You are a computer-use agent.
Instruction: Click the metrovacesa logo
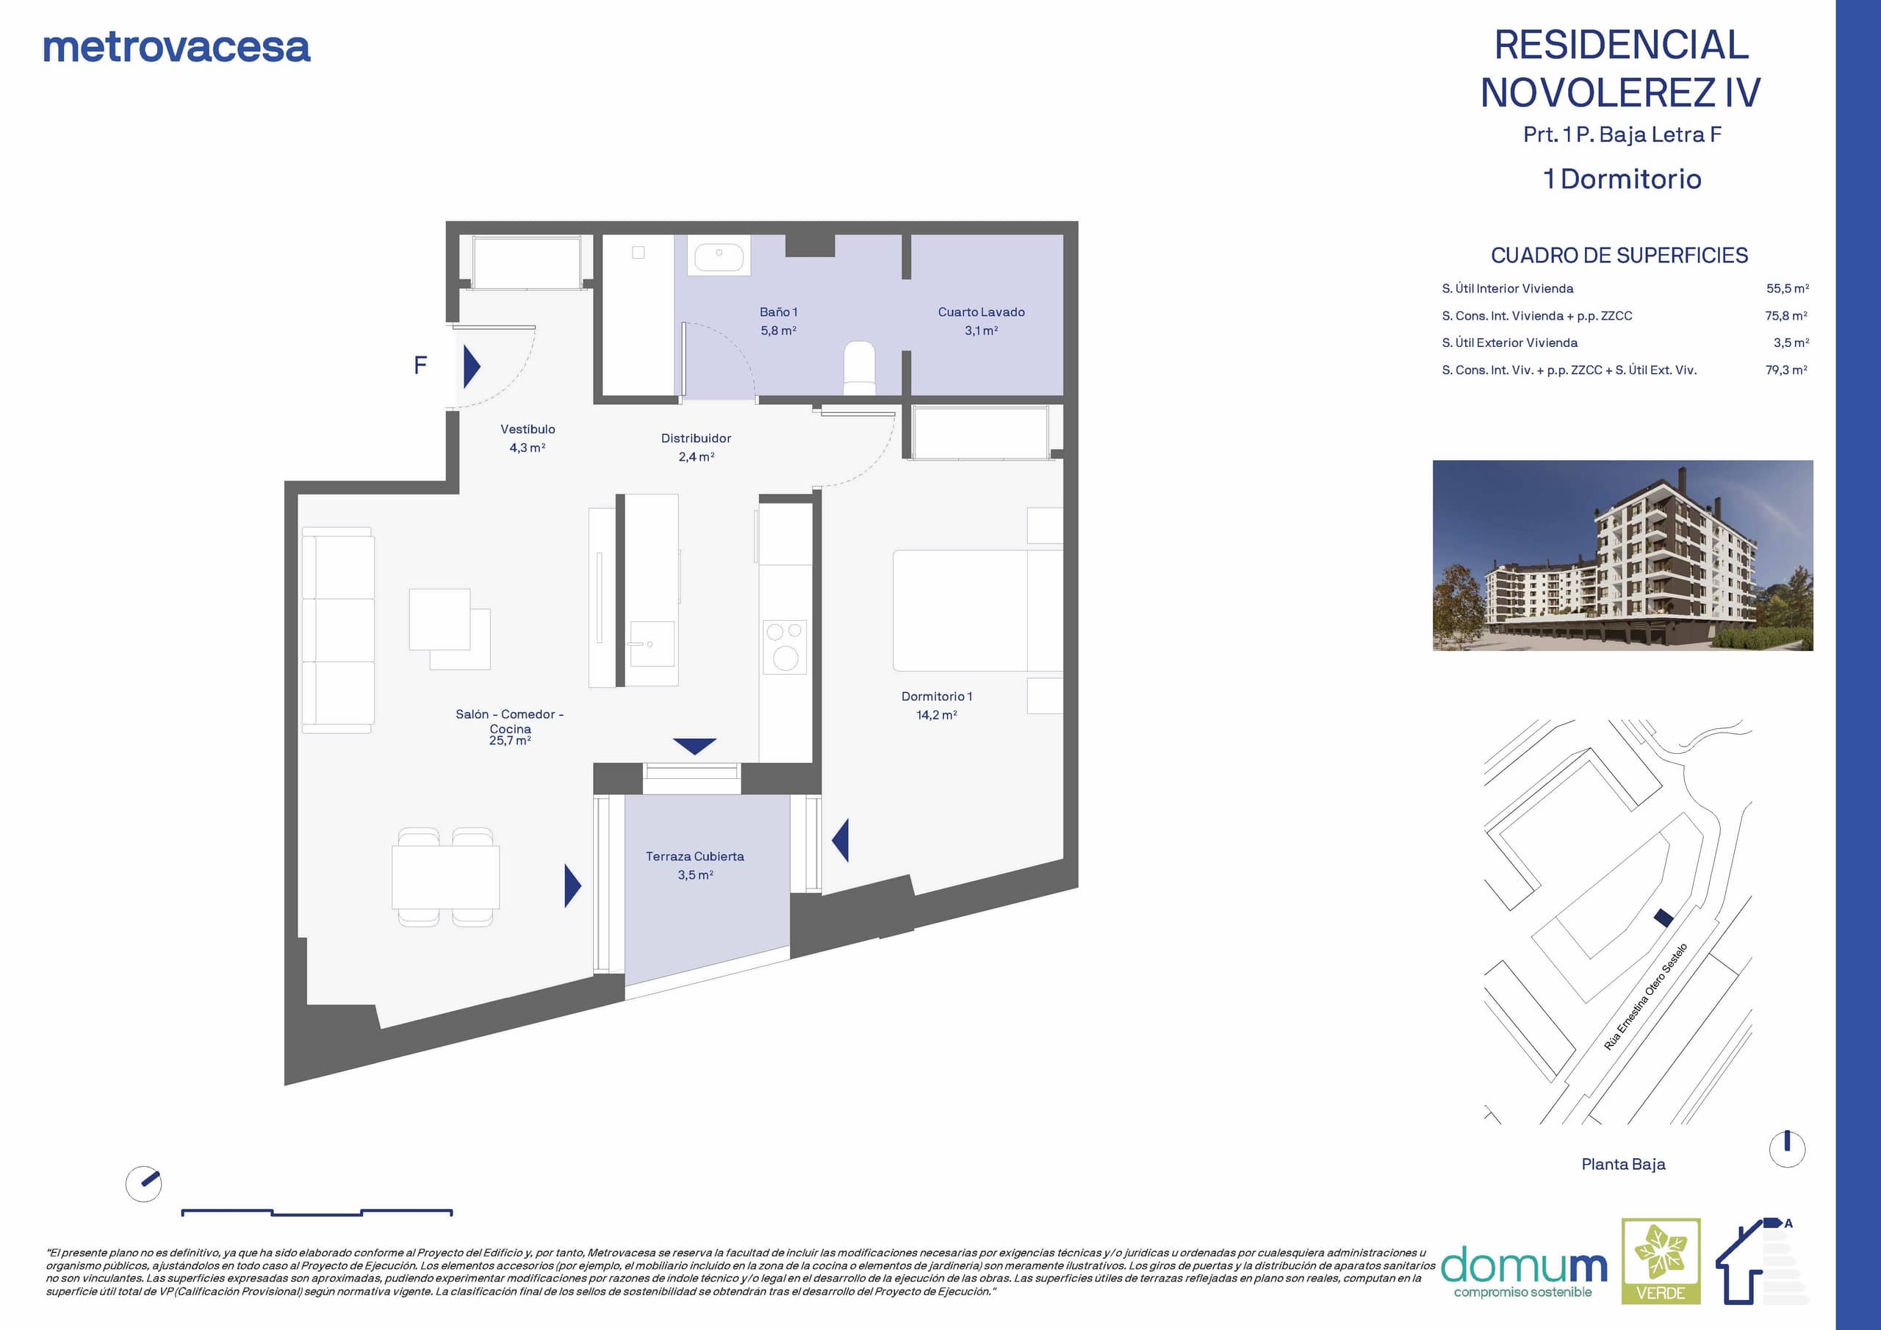(x=176, y=48)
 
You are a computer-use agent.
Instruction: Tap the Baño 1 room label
(x=778, y=320)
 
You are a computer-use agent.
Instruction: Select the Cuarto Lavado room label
(x=981, y=320)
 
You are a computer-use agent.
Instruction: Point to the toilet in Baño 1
(x=860, y=367)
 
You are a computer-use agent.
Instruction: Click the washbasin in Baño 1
(x=719, y=254)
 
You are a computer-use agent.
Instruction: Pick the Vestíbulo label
(x=528, y=438)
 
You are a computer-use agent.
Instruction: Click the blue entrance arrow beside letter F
(x=472, y=365)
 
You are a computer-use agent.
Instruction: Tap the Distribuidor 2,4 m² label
(x=697, y=447)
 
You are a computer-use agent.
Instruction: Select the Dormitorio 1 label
(x=936, y=705)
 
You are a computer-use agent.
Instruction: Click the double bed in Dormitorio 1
(x=977, y=611)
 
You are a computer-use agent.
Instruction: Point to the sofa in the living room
(x=337, y=629)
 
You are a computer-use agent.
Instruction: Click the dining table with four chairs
(x=446, y=877)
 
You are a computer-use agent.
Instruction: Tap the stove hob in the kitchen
(x=785, y=647)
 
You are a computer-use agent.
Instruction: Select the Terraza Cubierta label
(x=695, y=865)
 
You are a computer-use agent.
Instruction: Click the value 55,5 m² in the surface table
(x=1788, y=289)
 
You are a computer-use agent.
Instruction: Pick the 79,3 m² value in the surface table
(x=1787, y=370)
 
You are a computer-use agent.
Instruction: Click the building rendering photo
(x=1623, y=556)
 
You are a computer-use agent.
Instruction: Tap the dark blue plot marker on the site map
(x=1663, y=918)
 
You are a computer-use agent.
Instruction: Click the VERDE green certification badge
(x=1661, y=1261)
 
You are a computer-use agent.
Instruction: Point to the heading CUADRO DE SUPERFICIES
(x=1619, y=256)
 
